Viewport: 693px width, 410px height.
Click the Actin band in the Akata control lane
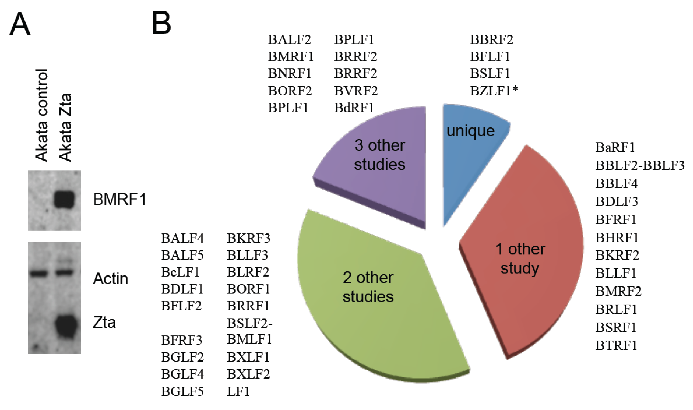39,274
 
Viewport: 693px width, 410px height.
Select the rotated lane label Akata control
42,115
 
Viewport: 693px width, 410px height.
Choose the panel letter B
162,24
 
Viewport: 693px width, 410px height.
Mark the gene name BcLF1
180,272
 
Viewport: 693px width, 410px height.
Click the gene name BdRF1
354,108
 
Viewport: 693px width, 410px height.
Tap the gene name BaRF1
615,148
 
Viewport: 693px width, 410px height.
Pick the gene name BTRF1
616,345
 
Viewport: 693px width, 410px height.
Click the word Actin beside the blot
111,279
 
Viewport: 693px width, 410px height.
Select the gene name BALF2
289,39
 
